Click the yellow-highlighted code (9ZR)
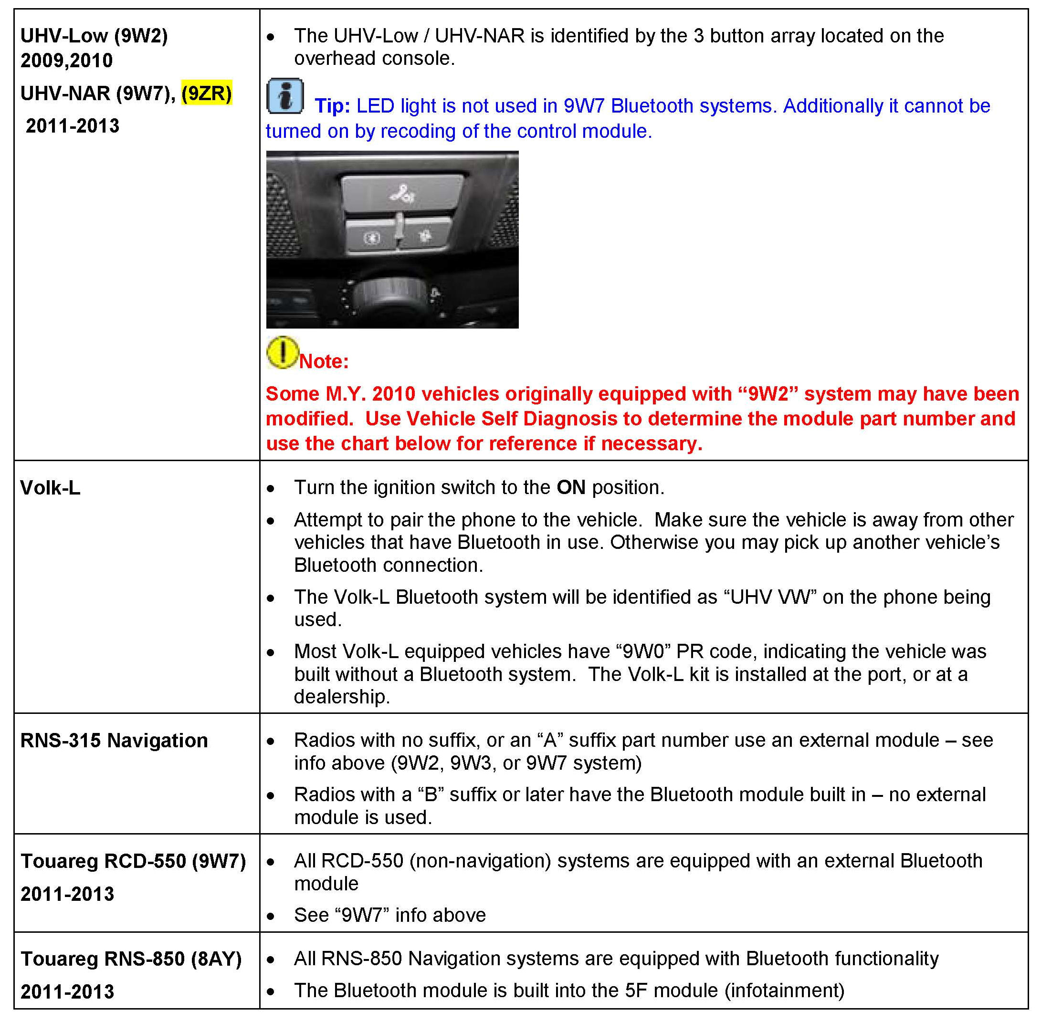coord(207,93)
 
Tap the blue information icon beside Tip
coord(285,96)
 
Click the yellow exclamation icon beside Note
coord(282,352)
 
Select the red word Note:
coord(324,361)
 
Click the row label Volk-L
coord(50,488)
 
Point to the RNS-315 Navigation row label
coord(114,741)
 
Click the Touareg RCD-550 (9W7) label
coord(133,861)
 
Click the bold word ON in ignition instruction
coord(571,487)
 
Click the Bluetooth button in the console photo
coord(371,237)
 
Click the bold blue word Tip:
coord(332,106)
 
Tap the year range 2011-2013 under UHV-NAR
coord(73,126)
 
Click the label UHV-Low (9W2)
coord(94,36)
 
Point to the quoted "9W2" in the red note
coord(767,394)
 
